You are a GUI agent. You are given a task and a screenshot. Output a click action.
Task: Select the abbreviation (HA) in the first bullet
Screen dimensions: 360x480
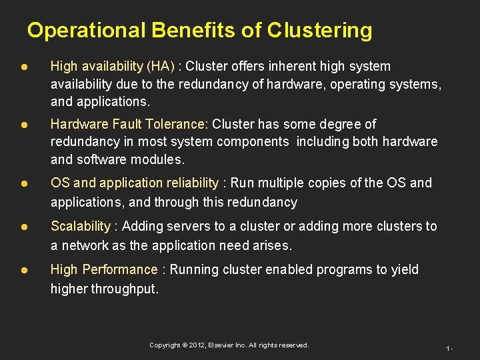[x=161, y=66]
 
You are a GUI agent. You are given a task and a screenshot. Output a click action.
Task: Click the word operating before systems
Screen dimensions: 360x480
[x=360, y=84]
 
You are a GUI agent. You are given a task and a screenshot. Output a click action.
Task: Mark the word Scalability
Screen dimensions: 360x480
[x=80, y=227]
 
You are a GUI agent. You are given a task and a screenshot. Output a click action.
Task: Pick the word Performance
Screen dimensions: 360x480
[x=120, y=269]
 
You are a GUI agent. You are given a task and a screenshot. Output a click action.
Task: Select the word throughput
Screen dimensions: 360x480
[x=126, y=288]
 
